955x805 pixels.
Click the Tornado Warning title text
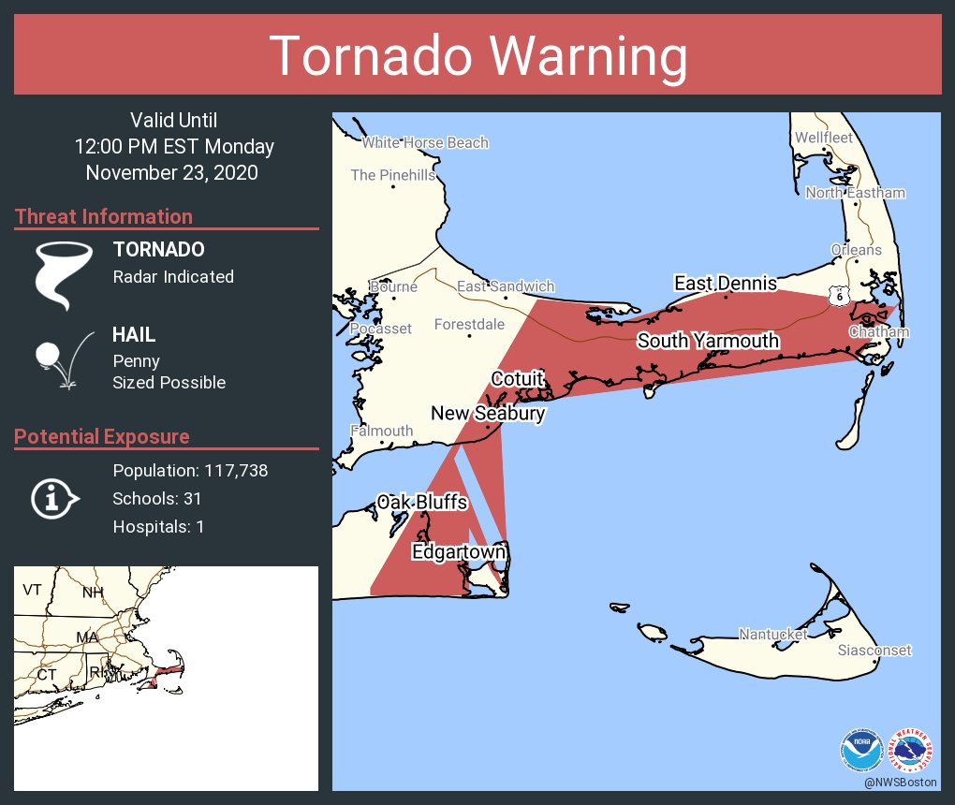[x=477, y=55]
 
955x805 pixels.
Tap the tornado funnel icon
[x=64, y=274]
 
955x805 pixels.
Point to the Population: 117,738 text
[x=190, y=471]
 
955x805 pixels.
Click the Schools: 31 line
[x=157, y=499]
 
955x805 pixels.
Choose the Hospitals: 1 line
[x=158, y=527]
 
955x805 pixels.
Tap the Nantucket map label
[x=772, y=635]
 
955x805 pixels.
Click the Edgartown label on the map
[x=459, y=553]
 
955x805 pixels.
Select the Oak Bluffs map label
[x=421, y=503]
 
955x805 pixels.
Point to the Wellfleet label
[x=824, y=138]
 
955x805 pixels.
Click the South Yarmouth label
[x=708, y=341]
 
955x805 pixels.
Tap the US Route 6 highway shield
[x=838, y=296]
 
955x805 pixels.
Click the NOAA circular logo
[x=861, y=750]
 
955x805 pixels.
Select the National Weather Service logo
[x=912, y=750]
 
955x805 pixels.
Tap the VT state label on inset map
[x=33, y=590]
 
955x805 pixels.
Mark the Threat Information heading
[x=104, y=217]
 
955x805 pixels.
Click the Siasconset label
[x=874, y=651]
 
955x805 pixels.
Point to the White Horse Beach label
[x=425, y=142]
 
